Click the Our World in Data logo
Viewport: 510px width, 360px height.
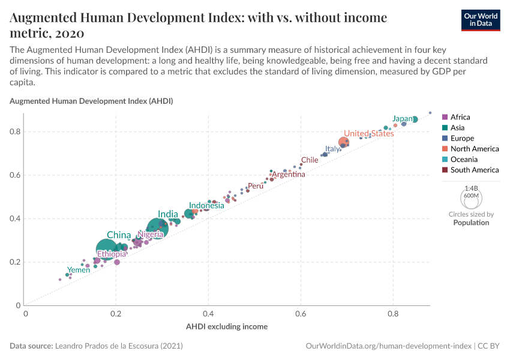pyautogui.click(x=480, y=20)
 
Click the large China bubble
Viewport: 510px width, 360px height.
pyautogui.click(x=106, y=249)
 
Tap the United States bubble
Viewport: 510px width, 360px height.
pyautogui.click(x=344, y=142)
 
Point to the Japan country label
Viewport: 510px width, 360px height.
pyautogui.click(x=403, y=119)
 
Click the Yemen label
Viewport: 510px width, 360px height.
pyautogui.click(x=79, y=270)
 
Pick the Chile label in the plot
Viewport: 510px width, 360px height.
pyautogui.click(x=310, y=160)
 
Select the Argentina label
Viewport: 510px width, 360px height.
pyautogui.click(x=289, y=175)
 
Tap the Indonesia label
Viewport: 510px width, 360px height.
pyautogui.click(x=207, y=205)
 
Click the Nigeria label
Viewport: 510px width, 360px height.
pyautogui.click(x=151, y=235)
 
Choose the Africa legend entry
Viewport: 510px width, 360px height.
pyautogui.click(x=460, y=117)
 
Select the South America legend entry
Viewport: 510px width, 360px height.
pyautogui.click(x=474, y=170)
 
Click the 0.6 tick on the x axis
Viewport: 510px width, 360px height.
pyautogui.click(x=301, y=313)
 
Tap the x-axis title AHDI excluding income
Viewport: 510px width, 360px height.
pyautogui.click(x=227, y=326)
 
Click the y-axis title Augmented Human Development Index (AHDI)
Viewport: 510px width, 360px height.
pyautogui.click(x=91, y=101)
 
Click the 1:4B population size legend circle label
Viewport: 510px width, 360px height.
pyautogui.click(x=471, y=188)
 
